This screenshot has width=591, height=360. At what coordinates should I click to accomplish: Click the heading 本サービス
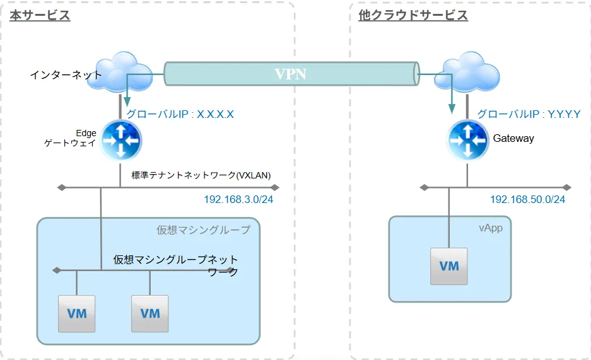click(x=40, y=16)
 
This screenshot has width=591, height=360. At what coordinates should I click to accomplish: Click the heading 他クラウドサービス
click(x=413, y=16)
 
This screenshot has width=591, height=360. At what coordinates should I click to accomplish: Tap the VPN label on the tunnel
click(x=290, y=74)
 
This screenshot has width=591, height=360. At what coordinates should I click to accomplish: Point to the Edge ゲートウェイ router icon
click(x=120, y=139)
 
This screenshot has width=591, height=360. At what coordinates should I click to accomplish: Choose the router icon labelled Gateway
click(x=467, y=139)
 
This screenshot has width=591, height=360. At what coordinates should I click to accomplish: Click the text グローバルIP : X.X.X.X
click(x=180, y=115)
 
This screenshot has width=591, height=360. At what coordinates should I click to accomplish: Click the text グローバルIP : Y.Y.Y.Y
click(x=529, y=115)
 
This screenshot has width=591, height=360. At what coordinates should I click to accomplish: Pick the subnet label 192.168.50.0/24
click(x=527, y=200)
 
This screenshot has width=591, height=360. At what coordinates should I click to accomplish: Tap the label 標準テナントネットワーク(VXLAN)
click(x=201, y=175)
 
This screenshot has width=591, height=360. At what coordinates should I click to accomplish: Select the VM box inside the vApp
click(x=449, y=265)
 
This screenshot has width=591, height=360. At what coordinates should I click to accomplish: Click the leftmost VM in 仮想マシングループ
click(x=76, y=313)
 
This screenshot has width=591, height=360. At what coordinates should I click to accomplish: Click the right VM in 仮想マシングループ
click(x=150, y=313)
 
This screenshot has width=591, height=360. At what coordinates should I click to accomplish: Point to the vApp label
click(x=490, y=228)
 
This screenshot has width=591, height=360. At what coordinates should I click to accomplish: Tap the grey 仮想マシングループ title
click(x=203, y=230)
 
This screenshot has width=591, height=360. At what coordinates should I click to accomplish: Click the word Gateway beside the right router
click(x=513, y=139)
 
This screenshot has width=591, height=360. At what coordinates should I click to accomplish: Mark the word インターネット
click(x=66, y=75)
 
